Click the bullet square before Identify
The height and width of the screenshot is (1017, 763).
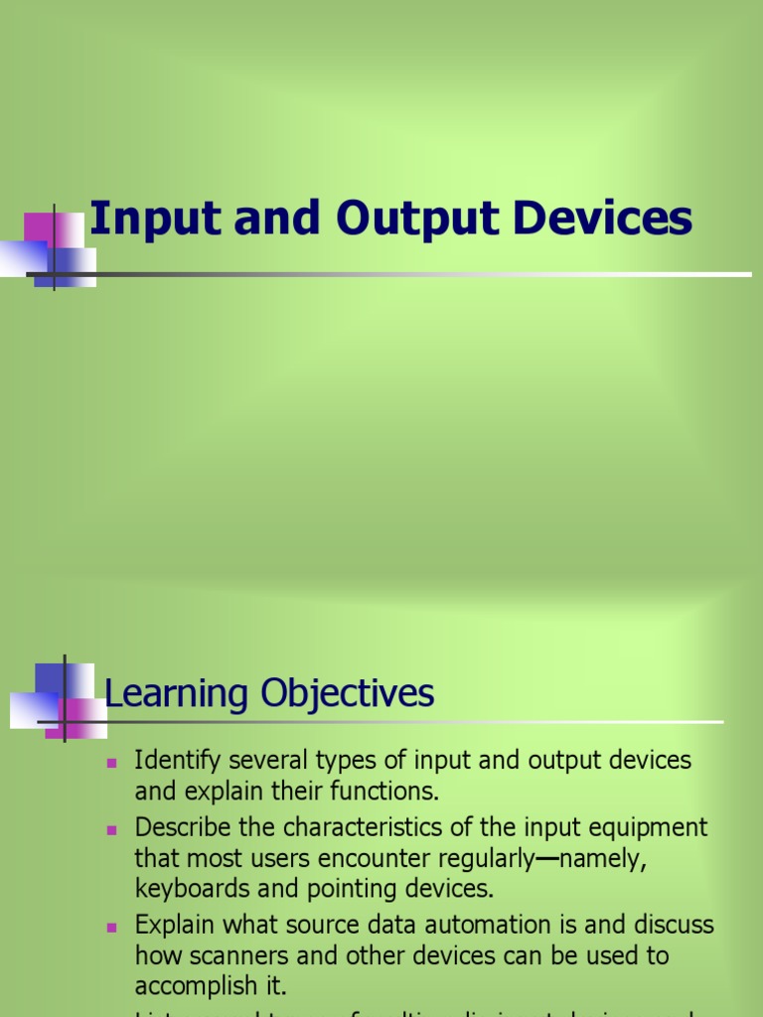[112, 763]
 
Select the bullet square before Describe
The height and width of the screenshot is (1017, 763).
[112, 828]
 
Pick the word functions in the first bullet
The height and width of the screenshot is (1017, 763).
[389, 793]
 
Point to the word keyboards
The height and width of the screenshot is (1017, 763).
[191, 889]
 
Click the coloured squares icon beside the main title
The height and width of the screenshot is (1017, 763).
[56, 248]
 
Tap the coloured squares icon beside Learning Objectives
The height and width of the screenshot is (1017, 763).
[60, 700]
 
